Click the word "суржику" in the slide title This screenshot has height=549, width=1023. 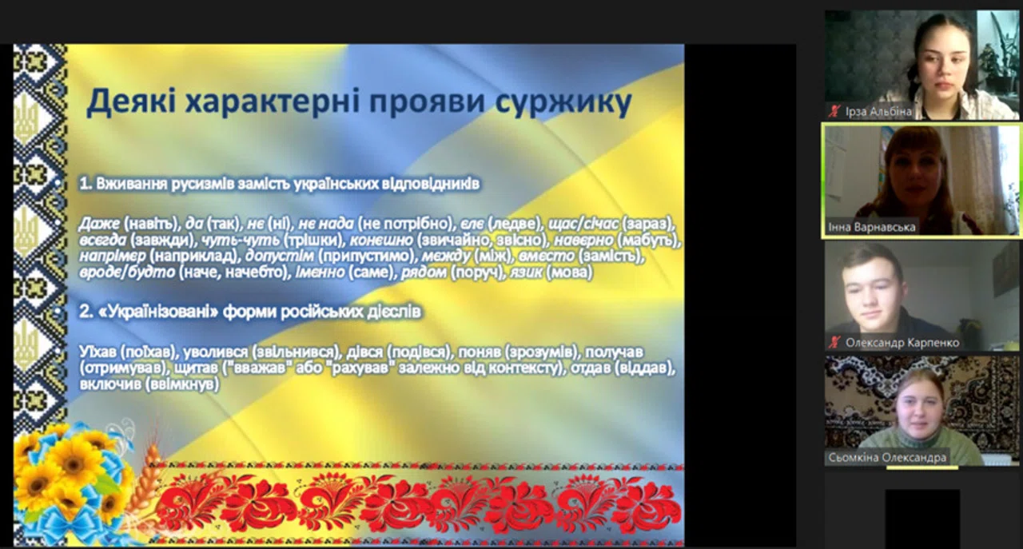563,101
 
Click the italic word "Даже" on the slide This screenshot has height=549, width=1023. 99,223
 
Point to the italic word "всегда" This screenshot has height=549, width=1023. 102,240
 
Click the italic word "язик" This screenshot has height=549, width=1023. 526,273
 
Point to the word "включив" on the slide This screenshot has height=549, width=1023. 109,384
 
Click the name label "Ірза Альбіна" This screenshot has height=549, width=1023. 878,112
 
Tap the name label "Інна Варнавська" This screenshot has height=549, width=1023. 872,227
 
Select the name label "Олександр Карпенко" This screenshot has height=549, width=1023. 902,343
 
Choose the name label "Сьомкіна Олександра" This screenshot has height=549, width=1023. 887,457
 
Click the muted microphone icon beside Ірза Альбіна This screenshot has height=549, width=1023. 835,111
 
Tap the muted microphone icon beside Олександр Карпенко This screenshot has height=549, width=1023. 835,342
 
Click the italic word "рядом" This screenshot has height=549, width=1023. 424,273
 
